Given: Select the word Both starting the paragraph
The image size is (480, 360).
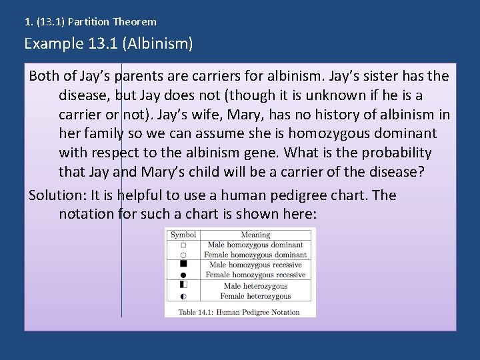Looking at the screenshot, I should pyautogui.click(x=45, y=75).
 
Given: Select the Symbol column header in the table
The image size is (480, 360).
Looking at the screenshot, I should pyautogui.click(x=183, y=235).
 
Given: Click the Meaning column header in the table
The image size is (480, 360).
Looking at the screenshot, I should pyautogui.click(x=255, y=235).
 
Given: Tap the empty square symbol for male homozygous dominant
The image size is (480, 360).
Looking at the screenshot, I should pyautogui.click(x=183, y=245).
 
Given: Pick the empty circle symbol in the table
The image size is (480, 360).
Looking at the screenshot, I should pyautogui.click(x=183, y=255).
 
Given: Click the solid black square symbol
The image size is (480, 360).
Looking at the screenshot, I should pyautogui.click(x=183, y=264).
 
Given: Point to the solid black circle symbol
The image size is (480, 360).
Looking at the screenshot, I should pyautogui.click(x=183, y=275).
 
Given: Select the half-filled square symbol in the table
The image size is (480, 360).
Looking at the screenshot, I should pyautogui.click(x=183, y=285).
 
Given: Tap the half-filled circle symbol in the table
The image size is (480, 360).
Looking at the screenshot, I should pyautogui.click(x=183, y=296).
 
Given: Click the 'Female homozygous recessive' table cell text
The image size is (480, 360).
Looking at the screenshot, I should pyautogui.click(x=255, y=275).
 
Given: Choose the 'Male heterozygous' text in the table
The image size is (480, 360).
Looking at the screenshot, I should pyautogui.click(x=255, y=286).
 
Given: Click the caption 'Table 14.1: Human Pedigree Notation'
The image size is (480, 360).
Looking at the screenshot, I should pyautogui.click(x=239, y=311).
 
